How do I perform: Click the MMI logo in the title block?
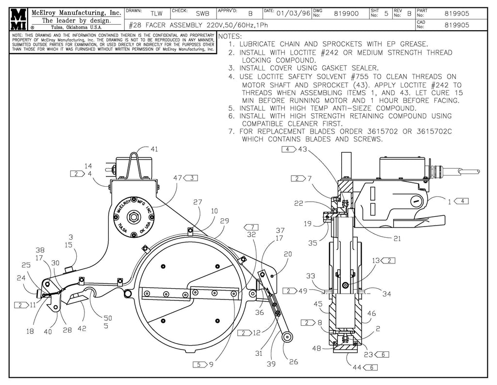click(x=19, y=19)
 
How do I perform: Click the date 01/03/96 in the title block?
click(x=293, y=13)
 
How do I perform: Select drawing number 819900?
click(x=346, y=13)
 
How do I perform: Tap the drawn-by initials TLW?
click(x=156, y=13)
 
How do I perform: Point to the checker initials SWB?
click(x=202, y=13)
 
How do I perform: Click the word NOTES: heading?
click(x=230, y=36)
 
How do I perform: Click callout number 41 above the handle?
click(x=154, y=149)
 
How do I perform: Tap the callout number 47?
click(x=177, y=178)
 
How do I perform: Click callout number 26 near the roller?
click(x=294, y=362)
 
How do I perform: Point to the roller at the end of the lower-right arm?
click(x=287, y=336)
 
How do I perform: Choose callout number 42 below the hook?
click(x=82, y=328)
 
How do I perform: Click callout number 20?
click(x=288, y=254)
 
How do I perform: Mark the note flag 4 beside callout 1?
click(x=461, y=201)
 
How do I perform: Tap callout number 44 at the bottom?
click(x=357, y=367)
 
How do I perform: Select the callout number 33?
click(x=311, y=276)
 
